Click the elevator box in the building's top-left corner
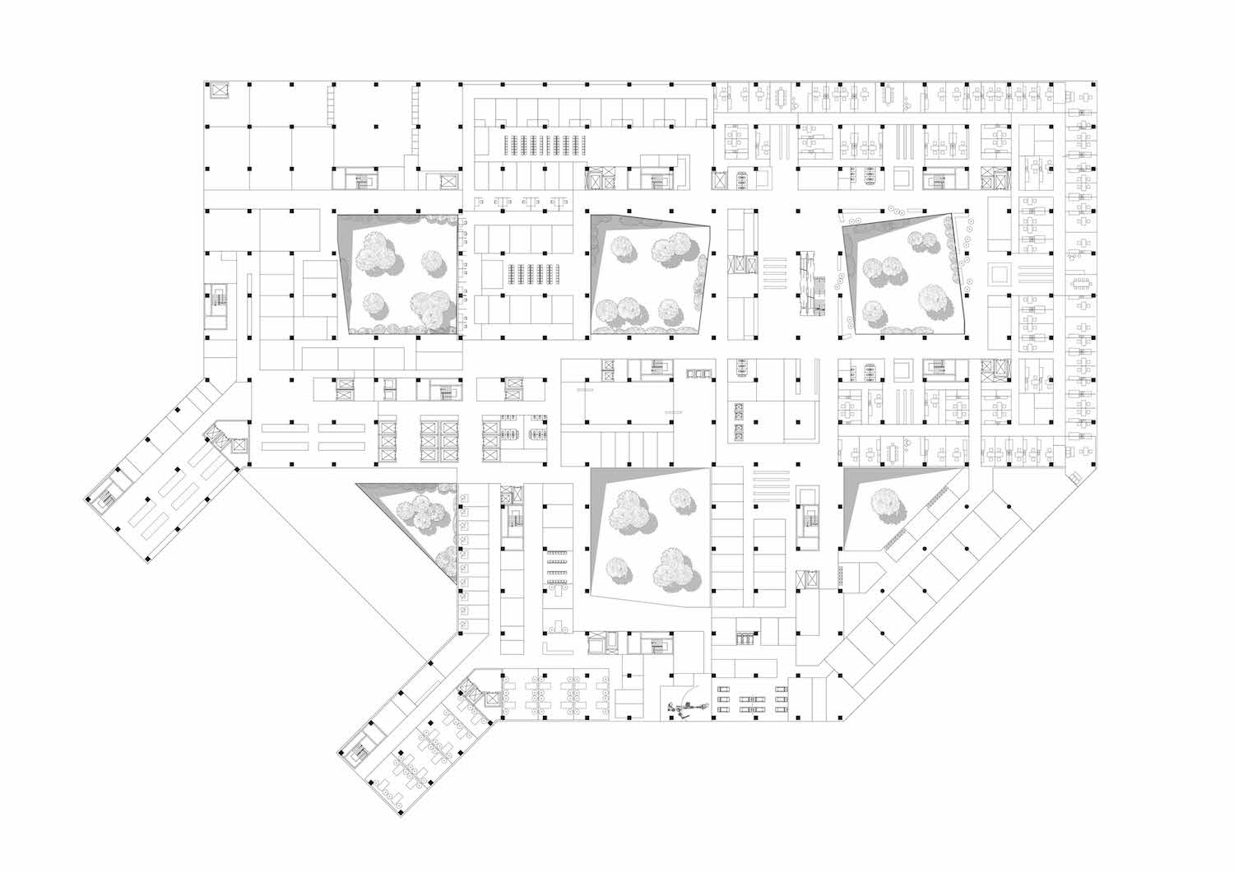[220, 91]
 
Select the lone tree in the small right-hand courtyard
[884, 500]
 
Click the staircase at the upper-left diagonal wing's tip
[105, 498]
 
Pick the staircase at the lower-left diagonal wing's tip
[360, 750]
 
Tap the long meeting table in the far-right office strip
[1080, 283]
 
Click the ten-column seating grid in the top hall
[542, 145]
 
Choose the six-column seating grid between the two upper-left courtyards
[531, 274]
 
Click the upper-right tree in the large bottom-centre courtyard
[680, 498]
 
